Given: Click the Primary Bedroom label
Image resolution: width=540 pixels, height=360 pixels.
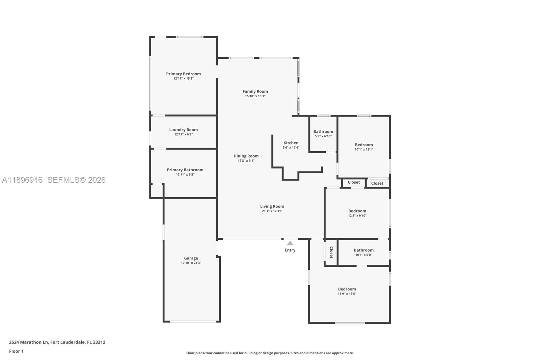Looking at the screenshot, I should click(x=183, y=74).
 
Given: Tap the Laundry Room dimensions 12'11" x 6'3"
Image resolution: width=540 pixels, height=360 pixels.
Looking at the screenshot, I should click(x=183, y=134).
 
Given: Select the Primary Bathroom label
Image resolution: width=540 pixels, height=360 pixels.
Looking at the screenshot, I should click(x=185, y=170).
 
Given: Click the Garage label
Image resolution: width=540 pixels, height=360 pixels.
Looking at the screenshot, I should click(x=191, y=258).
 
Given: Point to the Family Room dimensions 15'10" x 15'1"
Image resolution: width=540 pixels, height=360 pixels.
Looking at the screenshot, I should click(x=255, y=96).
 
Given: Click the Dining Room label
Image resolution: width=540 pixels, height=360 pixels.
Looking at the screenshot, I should click(x=246, y=156).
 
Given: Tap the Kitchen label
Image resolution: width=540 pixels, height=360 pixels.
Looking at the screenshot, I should click(x=291, y=143).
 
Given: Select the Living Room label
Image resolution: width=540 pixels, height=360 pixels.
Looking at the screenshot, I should click(x=272, y=206).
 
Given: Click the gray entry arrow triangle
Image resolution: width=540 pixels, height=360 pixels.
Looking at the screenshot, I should click(x=290, y=243).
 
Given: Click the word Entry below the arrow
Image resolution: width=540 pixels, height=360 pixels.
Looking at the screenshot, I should click(x=290, y=250).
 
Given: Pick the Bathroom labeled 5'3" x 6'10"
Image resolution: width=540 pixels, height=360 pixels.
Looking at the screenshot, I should click(x=323, y=132).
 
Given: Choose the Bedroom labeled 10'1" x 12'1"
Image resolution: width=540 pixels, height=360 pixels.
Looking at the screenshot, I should click(x=364, y=145).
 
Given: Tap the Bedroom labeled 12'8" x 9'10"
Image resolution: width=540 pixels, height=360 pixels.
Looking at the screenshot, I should click(x=357, y=211).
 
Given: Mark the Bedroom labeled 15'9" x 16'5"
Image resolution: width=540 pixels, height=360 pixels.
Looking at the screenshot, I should click(x=347, y=289).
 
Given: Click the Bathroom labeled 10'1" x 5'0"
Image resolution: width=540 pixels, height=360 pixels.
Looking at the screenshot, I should click(x=363, y=250).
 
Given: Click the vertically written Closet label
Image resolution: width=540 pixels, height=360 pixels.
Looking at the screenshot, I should click(x=331, y=252).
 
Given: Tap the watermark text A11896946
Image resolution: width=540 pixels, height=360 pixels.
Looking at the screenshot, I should click(x=22, y=180).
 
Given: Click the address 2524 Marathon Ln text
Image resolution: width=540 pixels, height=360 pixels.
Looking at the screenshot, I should click(x=29, y=342).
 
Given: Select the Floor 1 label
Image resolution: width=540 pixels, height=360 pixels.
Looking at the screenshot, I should click(x=16, y=351).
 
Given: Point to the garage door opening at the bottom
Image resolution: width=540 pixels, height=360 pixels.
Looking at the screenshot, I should click(x=193, y=322).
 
